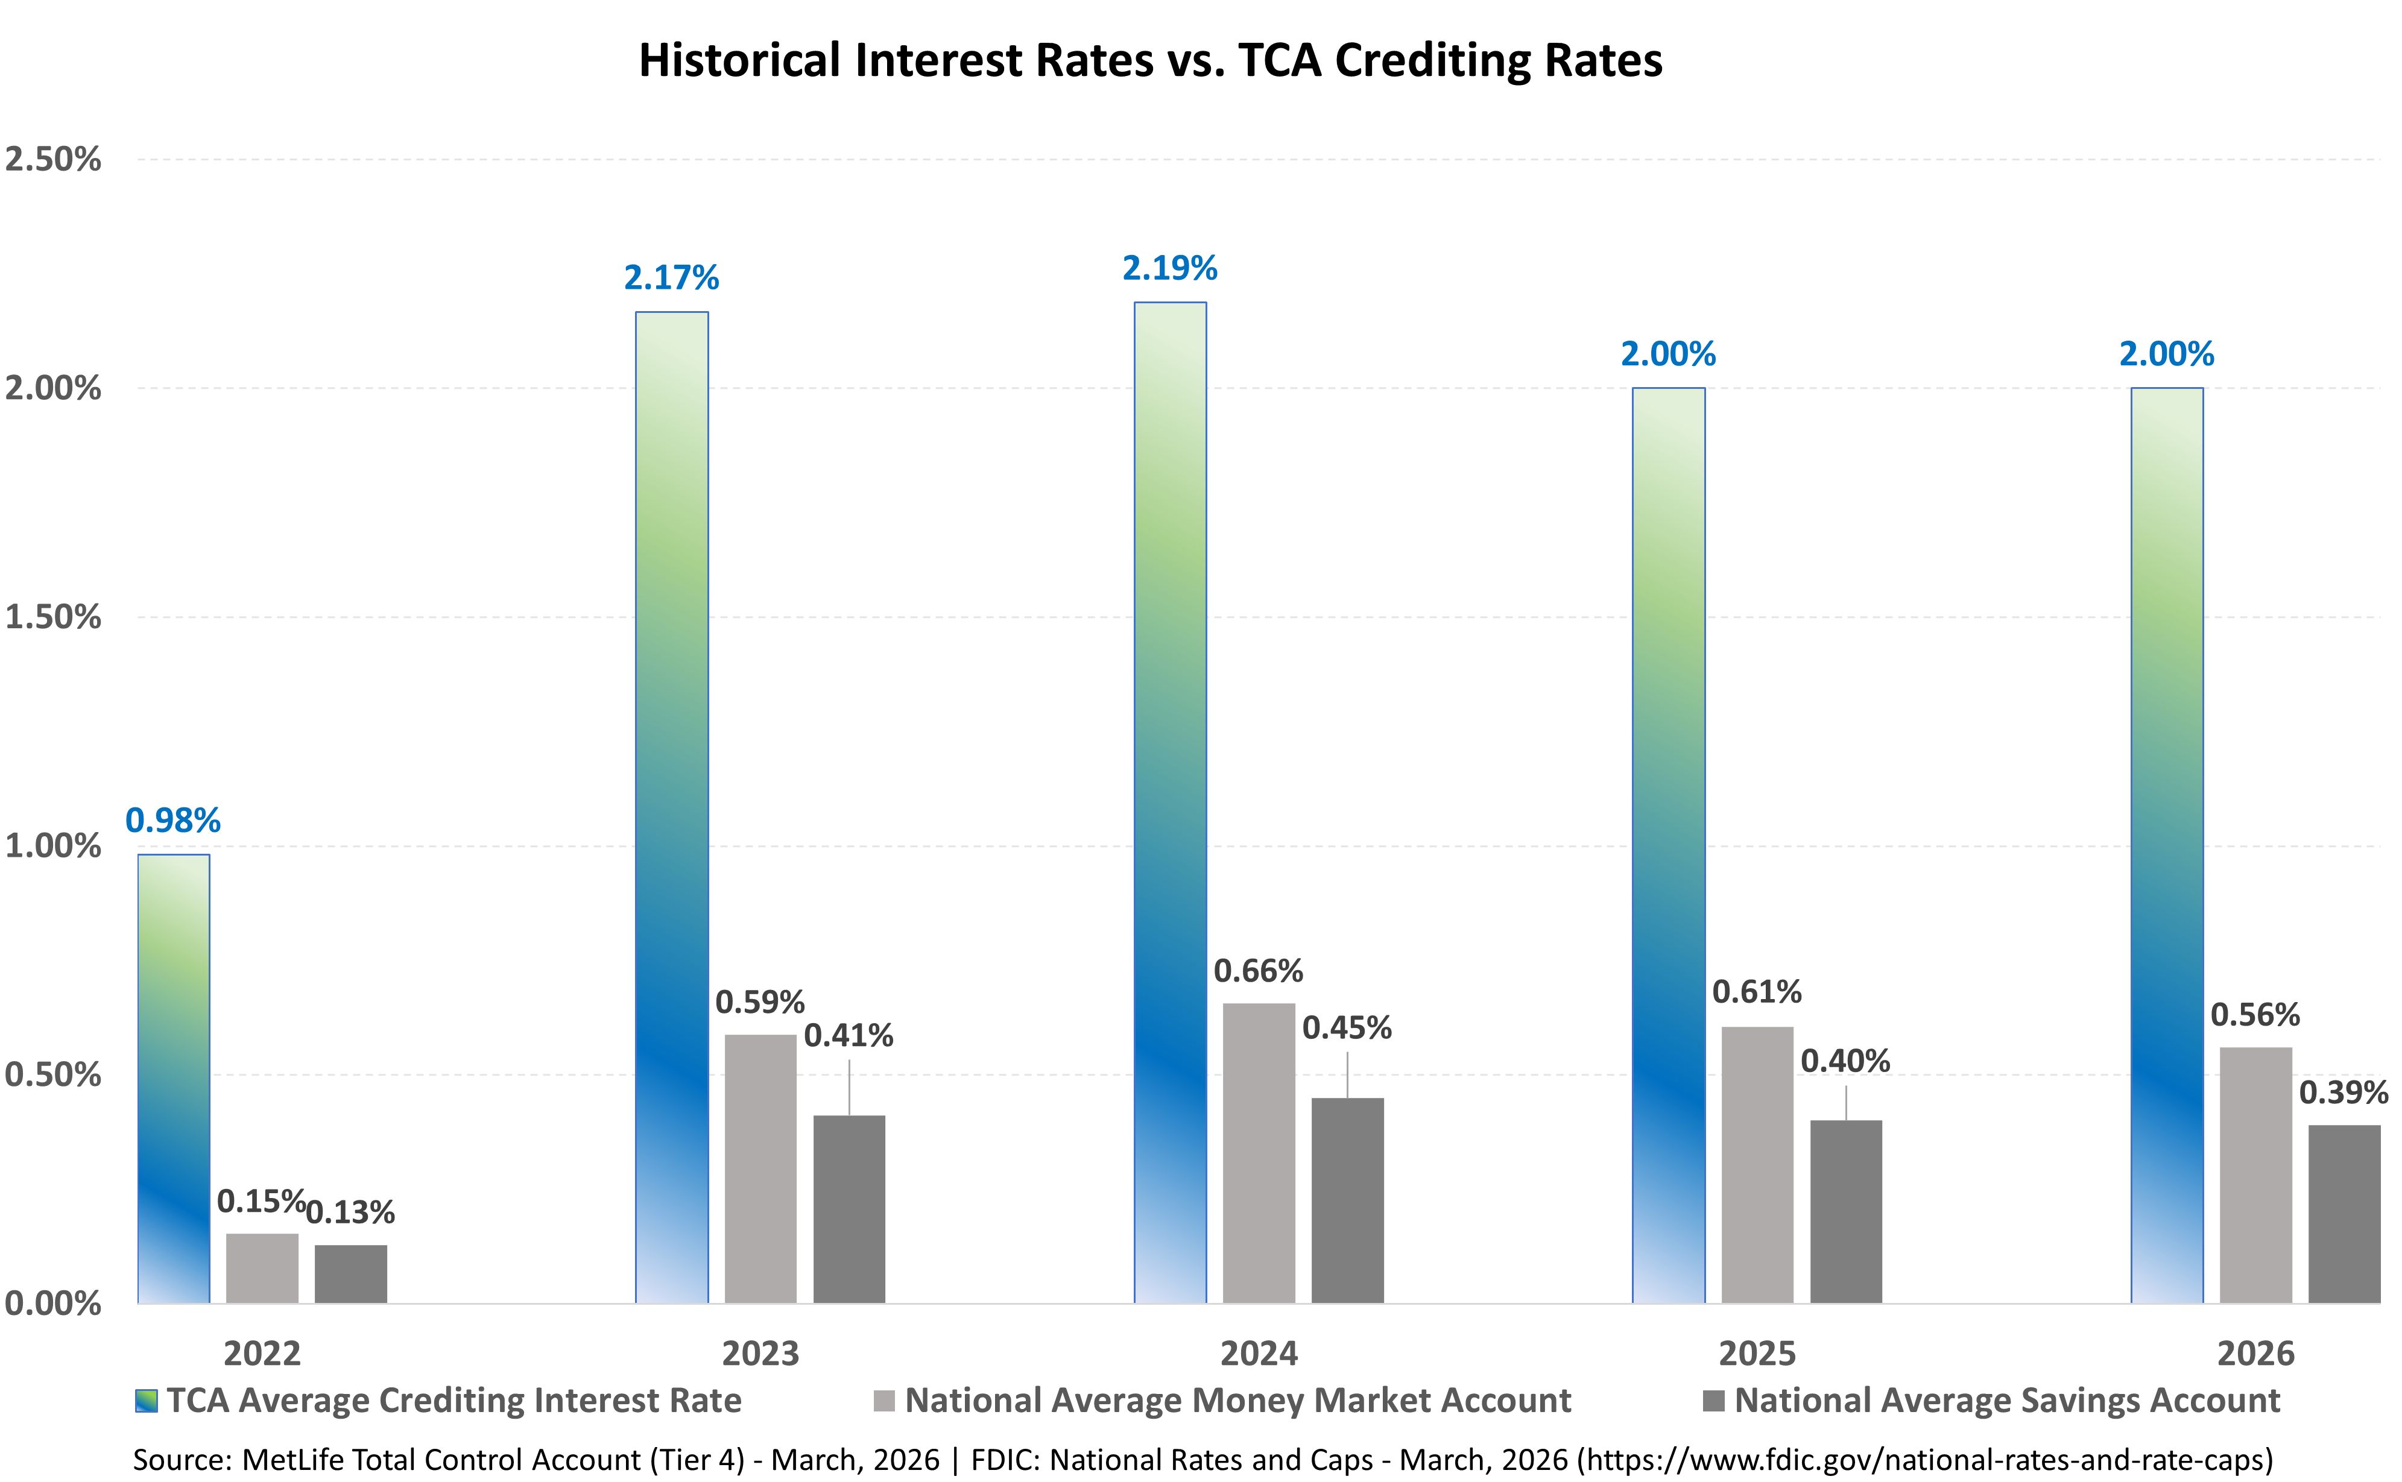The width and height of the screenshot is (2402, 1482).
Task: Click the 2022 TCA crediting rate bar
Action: [174, 1078]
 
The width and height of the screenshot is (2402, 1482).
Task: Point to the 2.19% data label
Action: [1169, 268]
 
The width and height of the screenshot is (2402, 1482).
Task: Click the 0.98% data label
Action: [172, 821]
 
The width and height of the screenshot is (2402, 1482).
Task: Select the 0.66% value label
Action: [1258, 971]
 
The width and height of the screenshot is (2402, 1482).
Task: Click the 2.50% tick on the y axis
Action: [53, 159]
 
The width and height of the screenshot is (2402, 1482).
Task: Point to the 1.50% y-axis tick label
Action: [53, 617]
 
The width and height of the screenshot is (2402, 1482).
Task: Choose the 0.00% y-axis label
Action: [53, 1304]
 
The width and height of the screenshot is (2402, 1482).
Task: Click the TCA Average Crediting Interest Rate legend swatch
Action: [146, 1401]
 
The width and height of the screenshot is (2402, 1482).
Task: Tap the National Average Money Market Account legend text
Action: [1237, 1401]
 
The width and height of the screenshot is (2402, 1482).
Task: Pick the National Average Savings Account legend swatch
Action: [1714, 1401]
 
